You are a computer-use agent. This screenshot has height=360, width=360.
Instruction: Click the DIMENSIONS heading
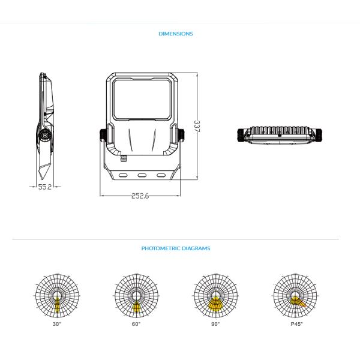(176, 34)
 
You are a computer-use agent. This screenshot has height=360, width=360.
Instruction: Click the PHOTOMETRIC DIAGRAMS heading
(176, 248)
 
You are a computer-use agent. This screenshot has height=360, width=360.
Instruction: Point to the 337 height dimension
(196, 127)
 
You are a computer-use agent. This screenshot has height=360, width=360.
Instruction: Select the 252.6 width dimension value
(139, 196)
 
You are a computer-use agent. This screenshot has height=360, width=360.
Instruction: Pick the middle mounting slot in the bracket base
(143, 176)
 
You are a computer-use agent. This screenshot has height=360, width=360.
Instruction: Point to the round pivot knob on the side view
(44, 136)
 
